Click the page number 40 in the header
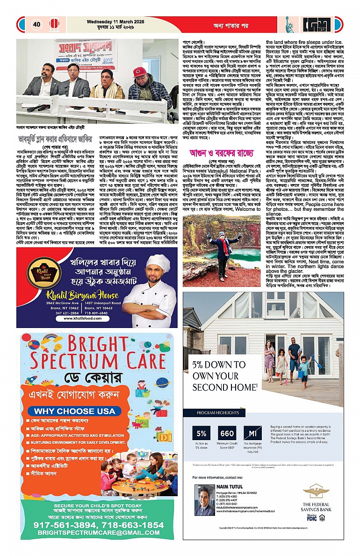coord(36,24)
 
